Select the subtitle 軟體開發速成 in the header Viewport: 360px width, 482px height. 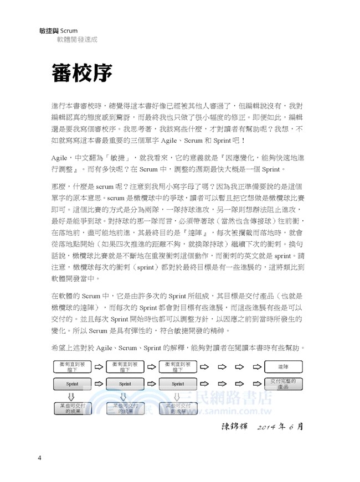[77, 40]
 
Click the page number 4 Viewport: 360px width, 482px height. [39, 458]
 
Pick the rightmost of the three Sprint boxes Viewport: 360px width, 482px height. [177, 383]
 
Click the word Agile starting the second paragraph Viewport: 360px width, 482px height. [59, 157]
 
